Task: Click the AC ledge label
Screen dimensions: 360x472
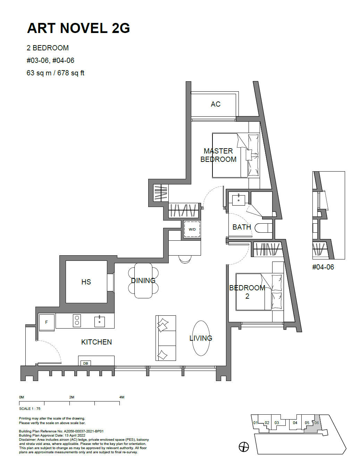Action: (x=215, y=104)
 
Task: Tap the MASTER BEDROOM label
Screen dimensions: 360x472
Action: (x=218, y=155)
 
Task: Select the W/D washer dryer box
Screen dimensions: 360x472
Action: (x=192, y=229)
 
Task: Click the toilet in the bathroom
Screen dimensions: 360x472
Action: (x=263, y=228)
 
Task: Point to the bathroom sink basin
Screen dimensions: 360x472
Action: (x=238, y=200)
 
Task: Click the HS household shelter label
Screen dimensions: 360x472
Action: (x=86, y=282)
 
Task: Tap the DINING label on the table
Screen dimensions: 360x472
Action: (x=143, y=281)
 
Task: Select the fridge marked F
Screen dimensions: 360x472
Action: (x=47, y=322)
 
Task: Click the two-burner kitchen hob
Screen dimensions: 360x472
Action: (x=77, y=321)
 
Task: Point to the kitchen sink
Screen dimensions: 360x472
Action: (x=100, y=322)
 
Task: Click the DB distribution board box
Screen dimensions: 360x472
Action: (x=85, y=363)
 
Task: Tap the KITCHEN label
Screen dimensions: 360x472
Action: (x=97, y=342)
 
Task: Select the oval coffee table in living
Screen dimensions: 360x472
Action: (x=201, y=338)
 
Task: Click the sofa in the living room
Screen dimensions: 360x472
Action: (x=166, y=338)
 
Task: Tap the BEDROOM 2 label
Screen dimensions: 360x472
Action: (x=247, y=292)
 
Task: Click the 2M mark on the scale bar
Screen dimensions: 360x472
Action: (x=72, y=397)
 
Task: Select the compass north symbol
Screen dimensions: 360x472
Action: (x=244, y=447)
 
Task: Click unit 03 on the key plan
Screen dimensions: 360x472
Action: (x=277, y=423)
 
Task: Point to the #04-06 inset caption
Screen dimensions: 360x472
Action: (x=323, y=267)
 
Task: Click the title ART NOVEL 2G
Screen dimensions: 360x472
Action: (x=78, y=28)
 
